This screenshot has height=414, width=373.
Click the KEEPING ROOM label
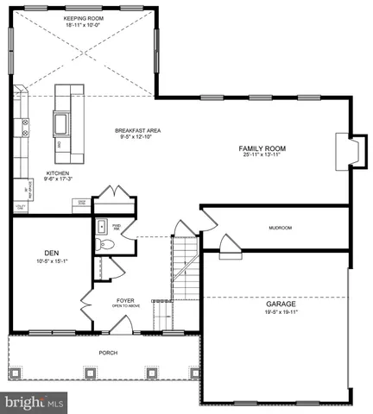coord(84,16)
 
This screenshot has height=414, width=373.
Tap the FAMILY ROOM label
coord(262,148)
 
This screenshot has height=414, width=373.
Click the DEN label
coord(50,254)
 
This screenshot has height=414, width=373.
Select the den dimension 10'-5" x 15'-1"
coord(50,262)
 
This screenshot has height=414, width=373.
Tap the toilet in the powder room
coord(105,245)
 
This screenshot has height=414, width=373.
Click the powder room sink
coord(100,227)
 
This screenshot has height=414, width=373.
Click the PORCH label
coord(108,353)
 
